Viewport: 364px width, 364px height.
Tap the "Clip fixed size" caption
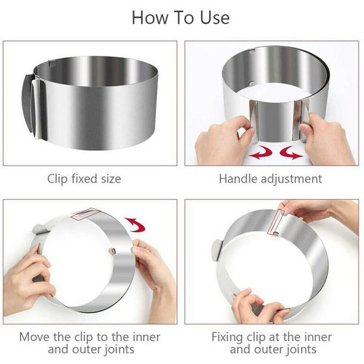pyautogui.click(x=84, y=179)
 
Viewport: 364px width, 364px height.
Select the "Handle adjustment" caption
pyautogui.click(x=271, y=179)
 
